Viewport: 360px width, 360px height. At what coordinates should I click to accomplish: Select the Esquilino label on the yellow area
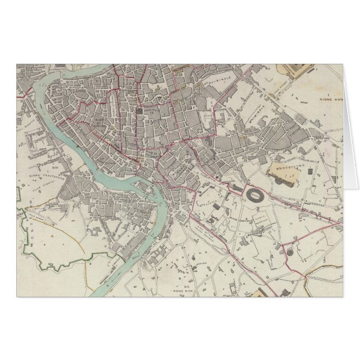click(x=286, y=167)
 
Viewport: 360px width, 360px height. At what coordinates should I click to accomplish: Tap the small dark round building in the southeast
click(x=289, y=252)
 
